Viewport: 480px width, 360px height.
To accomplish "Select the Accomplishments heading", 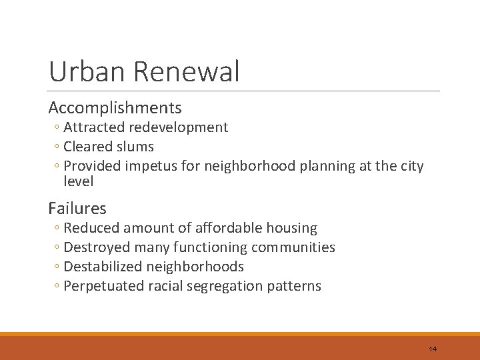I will click(115, 107).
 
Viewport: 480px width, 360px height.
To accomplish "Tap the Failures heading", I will click(77, 208).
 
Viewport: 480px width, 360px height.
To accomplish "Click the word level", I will click(78, 181).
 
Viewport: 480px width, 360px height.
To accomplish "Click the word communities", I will click(293, 247).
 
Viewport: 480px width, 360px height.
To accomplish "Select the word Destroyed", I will click(97, 247).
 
